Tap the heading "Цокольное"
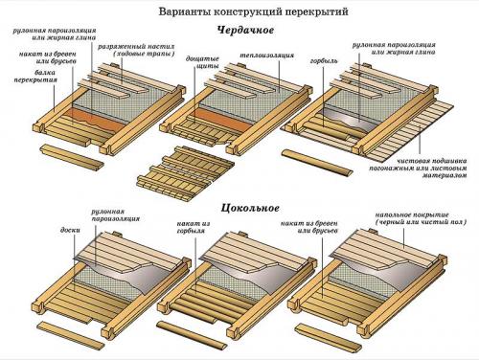[x=237, y=206]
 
